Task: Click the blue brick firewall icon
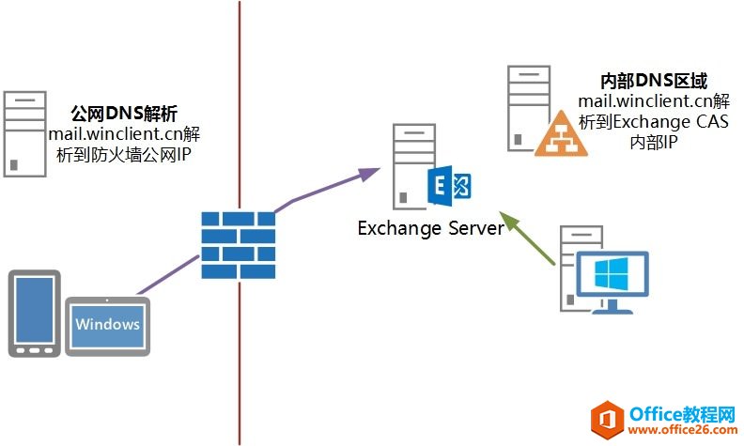coord(239,244)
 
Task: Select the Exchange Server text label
coord(430,228)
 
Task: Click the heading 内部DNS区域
coord(654,82)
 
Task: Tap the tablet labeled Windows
coord(108,326)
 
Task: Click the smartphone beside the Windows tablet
coord(34,314)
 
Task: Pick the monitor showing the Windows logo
coord(612,274)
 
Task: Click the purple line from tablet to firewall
coord(169,278)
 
